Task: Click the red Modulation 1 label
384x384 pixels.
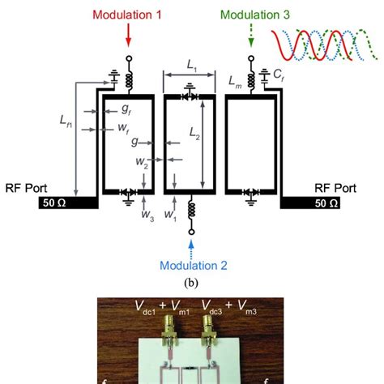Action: [129, 15]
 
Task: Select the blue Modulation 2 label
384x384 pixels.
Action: [193, 265]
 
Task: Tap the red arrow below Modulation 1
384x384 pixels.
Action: [129, 36]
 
